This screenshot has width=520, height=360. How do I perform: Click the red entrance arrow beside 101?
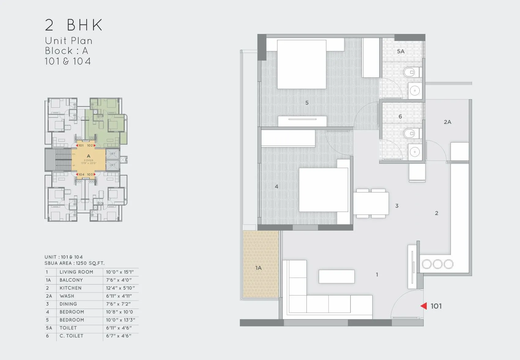[x=424, y=306]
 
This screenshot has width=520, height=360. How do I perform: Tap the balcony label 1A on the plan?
[x=258, y=268]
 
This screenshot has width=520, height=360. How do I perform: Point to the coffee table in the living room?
[x=336, y=276]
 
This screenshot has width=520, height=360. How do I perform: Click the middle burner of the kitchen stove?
[x=437, y=264]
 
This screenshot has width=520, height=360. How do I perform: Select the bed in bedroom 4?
[x=324, y=190]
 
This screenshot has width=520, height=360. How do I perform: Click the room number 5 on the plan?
[x=307, y=103]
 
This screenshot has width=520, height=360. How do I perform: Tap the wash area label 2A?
[x=447, y=122]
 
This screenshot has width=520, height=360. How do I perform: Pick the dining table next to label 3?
[x=371, y=203]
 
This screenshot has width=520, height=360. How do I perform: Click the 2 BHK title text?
[x=74, y=25]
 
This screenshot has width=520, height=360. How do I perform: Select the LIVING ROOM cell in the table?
[x=76, y=272]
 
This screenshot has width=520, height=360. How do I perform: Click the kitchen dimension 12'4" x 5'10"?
[x=120, y=288]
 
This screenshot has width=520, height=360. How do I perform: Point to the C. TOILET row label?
[x=71, y=336]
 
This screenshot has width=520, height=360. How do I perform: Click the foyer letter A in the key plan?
[x=88, y=156]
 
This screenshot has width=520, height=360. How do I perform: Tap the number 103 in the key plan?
[x=90, y=174]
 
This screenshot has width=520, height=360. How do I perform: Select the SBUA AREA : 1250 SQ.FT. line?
[x=74, y=263]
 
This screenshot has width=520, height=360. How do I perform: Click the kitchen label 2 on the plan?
[x=436, y=213]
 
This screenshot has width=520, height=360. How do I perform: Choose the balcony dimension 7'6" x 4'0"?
[x=119, y=280]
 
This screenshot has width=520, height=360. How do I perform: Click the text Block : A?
[x=66, y=51]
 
